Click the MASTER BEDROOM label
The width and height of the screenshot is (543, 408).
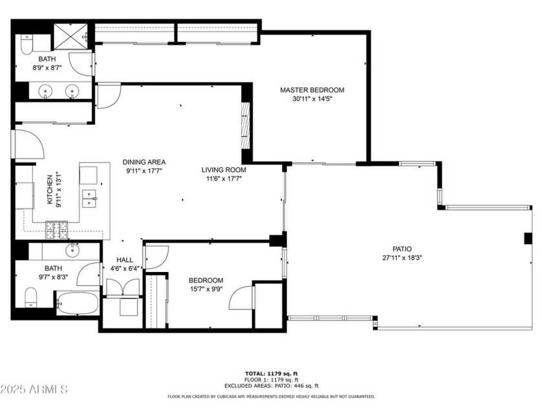[312, 90]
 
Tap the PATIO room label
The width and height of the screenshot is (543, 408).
[401, 248]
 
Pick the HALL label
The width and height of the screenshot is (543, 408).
[125, 259]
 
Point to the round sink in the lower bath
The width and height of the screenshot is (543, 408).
[72, 249]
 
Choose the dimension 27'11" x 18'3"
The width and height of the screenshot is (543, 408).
[401, 257]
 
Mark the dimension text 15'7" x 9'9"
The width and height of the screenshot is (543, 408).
[206, 289]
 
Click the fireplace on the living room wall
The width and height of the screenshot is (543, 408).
[244, 126]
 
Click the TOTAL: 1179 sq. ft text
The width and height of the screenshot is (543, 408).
[271, 374]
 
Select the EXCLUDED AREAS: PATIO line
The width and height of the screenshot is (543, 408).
[271, 385]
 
